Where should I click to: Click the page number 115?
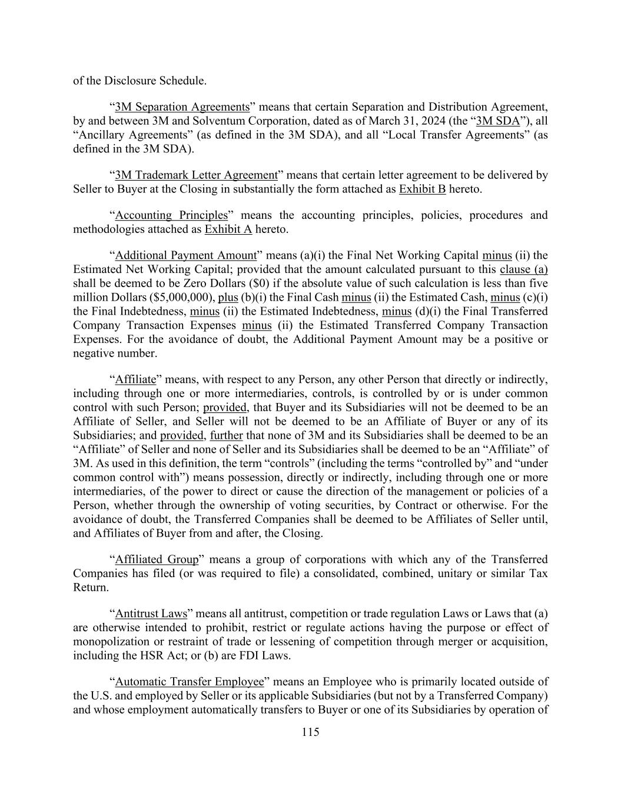(x=310, y=732)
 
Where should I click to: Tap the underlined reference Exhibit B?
(x=422, y=189)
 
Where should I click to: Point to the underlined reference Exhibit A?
(x=228, y=229)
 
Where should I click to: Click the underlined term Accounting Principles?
(x=171, y=215)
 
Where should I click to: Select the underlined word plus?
(x=228, y=298)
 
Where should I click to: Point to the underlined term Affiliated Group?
(x=157, y=559)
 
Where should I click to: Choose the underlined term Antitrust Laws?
(x=151, y=614)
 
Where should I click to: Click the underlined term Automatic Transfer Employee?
(x=190, y=682)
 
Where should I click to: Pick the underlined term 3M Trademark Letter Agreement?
(x=196, y=175)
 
